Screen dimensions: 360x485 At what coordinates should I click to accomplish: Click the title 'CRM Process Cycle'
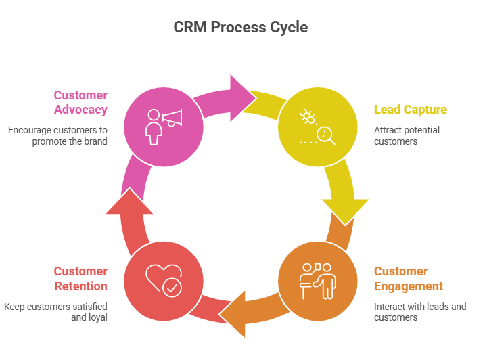(x=241, y=28)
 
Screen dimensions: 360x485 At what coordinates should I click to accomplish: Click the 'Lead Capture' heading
(x=410, y=110)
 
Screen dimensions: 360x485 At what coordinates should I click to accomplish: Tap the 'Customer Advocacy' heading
(x=80, y=102)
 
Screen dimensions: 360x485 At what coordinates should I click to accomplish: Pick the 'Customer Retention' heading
(x=80, y=278)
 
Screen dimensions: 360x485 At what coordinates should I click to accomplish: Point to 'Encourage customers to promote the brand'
(x=58, y=135)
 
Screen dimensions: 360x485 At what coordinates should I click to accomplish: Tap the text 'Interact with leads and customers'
(x=419, y=312)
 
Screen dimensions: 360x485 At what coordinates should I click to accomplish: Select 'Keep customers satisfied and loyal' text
(x=56, y=312)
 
